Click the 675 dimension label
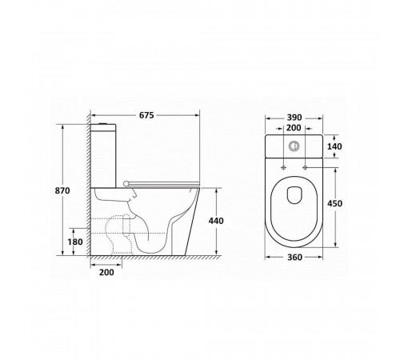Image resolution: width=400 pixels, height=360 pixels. [x=146, y=115]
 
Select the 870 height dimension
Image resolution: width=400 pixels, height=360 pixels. [x=62, y=190]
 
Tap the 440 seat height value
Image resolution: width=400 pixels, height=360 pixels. [x=216, y=221]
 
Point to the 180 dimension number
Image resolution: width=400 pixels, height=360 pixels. [x=75, y=242]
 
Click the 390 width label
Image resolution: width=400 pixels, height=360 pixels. [x=294, y=118]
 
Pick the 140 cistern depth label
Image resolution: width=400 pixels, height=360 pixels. [x=334, y=146]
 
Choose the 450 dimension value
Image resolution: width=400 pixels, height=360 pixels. [x=334, y=203]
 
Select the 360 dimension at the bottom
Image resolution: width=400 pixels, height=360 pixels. [x=294, y=258]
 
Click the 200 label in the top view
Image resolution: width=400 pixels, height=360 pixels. [x=294, y=128]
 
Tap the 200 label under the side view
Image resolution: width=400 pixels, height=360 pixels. [x=106, y=272]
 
